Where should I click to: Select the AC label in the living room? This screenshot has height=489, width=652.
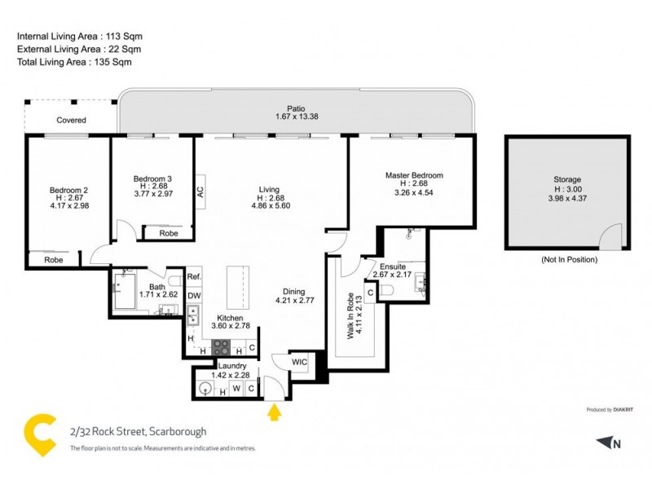[200, 192]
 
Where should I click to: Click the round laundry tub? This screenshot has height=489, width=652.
[205, 390]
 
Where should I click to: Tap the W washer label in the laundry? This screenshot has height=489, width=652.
[236, 390]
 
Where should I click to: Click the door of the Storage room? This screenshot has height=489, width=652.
[611, 237]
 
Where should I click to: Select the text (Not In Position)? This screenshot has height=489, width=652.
[568, 259]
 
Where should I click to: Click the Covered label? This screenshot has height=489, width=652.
[71, 121]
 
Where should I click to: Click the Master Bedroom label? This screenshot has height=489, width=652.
[414, 175]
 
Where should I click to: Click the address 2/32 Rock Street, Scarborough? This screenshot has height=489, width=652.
[138, 431]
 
